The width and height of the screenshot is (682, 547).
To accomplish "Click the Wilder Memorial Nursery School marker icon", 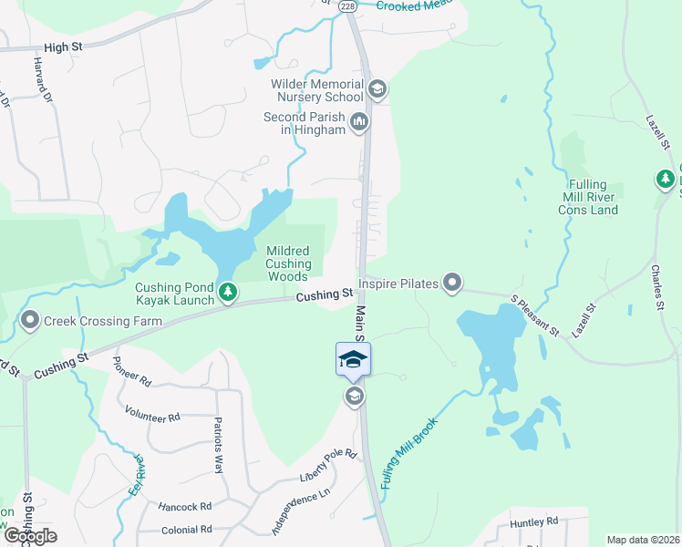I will (x=377, y=89).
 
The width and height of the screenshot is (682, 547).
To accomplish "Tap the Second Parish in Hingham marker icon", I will (x=359, y=121).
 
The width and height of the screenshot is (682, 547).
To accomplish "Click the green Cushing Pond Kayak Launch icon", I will (x=227, y=294).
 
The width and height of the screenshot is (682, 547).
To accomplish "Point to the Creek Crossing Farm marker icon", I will (x=30, y=321).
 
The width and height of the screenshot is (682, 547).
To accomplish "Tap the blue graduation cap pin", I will (x=353, y=359).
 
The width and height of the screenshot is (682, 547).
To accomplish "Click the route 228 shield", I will (x=347, y=5).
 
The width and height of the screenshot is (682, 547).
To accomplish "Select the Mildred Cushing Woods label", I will (x=288, y=263).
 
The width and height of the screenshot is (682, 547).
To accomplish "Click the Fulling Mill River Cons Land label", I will (x=588, y=197).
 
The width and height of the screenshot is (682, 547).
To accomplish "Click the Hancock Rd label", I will (x=184, y=506).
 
